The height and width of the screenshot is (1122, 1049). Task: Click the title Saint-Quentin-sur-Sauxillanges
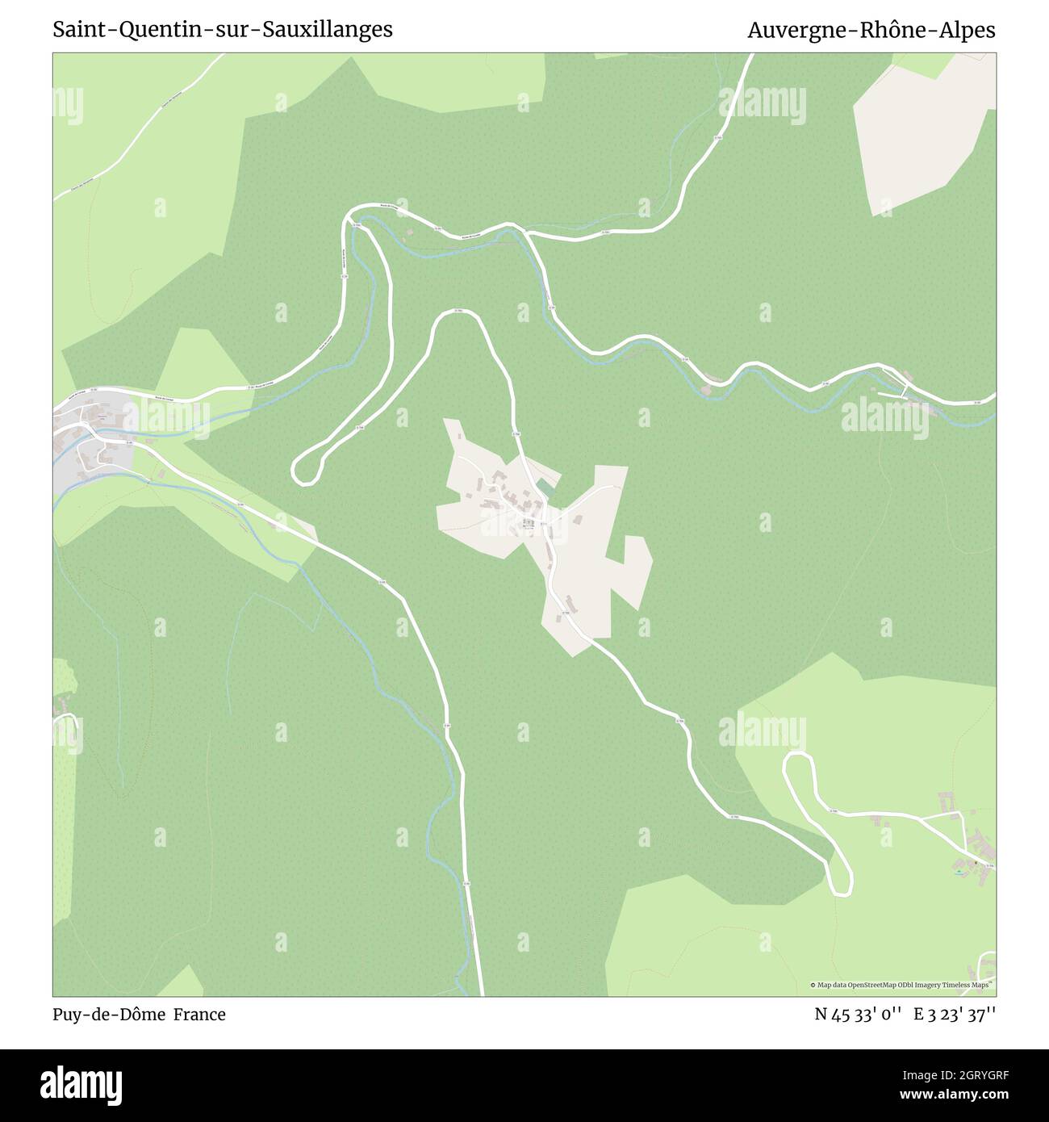point(223,30)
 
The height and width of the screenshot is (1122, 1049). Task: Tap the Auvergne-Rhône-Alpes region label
point(871,30)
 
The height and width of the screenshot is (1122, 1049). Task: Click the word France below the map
point(203,1015)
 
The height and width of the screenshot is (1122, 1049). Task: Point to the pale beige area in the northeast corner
point(920,137)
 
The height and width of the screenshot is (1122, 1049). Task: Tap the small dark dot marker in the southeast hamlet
point(975,863)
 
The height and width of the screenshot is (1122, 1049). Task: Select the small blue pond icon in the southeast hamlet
point(958,873)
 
